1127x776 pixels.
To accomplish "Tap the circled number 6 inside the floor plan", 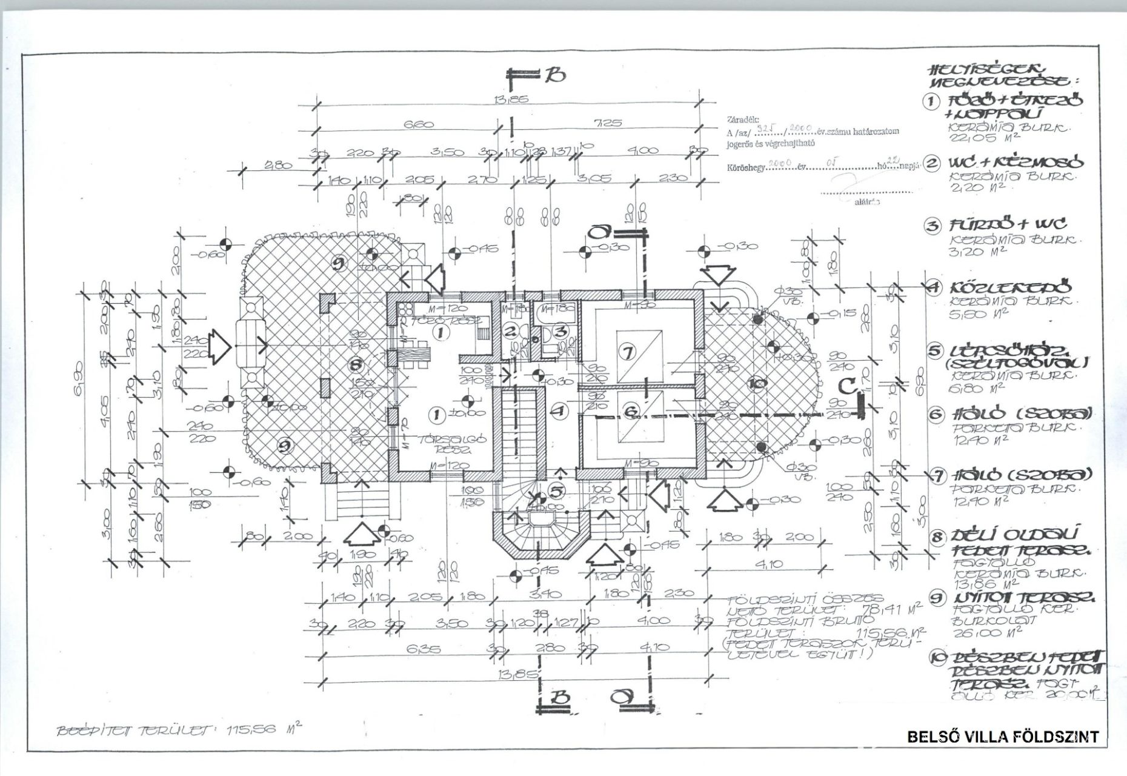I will [x=631, y=412].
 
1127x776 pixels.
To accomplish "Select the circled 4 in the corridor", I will [x=560, y=410].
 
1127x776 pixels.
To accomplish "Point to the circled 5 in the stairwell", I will [x=556, y=489].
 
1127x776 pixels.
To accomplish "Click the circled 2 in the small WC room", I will [x=511, y=331].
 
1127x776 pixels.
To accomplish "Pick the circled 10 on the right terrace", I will [x=757, y=383].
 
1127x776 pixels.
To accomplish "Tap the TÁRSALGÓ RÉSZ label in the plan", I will [x=449, y=445].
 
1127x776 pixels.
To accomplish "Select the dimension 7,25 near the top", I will [x=609, y=122].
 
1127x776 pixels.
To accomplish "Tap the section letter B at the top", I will [x=555, y=75].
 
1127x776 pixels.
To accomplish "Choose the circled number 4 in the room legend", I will [x=933, y=287].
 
